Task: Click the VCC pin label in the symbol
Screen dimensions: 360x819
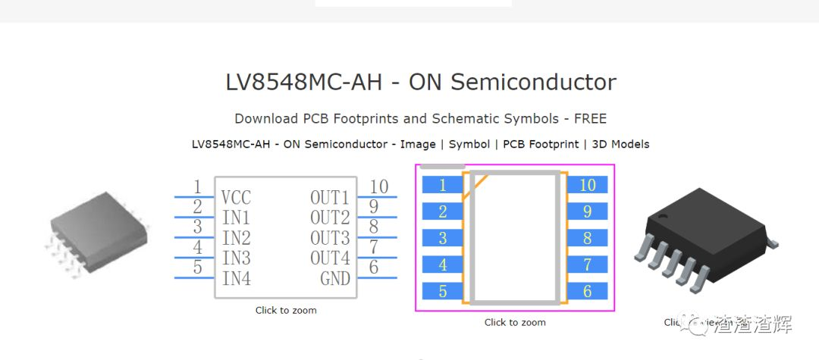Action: (x=236, y=199)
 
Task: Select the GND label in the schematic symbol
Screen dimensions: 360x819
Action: (x=335, y=279)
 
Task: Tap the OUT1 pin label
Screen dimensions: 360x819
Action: (x=330, y=199)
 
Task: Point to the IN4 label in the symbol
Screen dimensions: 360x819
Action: (x=237, y=279)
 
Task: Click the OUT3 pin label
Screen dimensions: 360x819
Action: (x=330, y=239)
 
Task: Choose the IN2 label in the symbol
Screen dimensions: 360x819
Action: (x=237, y=239)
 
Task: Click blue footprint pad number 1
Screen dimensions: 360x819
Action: (x=442, y=185)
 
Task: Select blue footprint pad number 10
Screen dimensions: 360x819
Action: (x=588, y=185)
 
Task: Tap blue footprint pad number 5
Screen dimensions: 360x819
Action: (x=442, y=291)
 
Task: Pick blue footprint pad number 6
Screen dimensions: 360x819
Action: (x=588, y=291)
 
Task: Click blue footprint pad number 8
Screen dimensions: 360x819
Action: (x=588, y=238)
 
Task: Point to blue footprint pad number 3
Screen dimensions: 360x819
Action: (x=442, y=238)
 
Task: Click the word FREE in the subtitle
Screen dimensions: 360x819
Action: (x=590, y=119)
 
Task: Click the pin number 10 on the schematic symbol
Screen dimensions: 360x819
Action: (x=378, y=187)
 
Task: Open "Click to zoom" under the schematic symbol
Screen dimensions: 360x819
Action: (x=286, y=310)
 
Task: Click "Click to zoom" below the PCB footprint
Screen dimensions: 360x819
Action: (x=515, y=322)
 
